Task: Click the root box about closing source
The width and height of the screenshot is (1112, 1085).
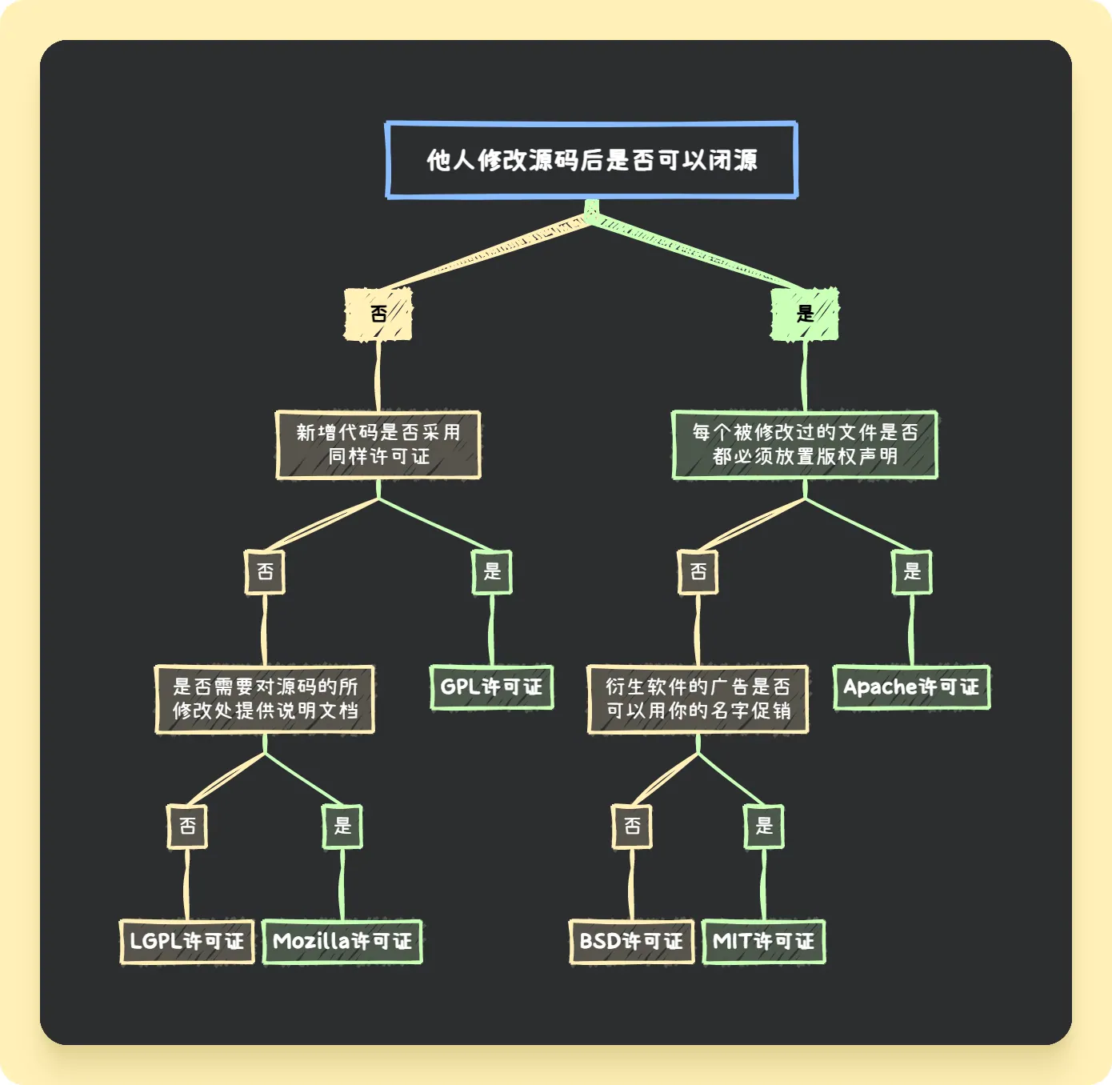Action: tap(591, 160)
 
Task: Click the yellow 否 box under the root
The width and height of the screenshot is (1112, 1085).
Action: tap(378, 314)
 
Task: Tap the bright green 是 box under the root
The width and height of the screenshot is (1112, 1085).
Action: tap(805, 314)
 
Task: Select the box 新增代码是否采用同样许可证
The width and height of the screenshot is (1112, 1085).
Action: tap(378, 445)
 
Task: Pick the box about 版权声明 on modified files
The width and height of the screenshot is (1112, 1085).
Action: tap(805, 445)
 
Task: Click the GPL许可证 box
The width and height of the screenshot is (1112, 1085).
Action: tap(491, 687)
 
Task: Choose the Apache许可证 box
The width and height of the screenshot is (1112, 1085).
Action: tap(911, 687)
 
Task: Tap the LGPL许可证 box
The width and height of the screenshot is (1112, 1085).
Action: tap(187, 942)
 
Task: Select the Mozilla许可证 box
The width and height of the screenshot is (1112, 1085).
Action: tap(342, 942)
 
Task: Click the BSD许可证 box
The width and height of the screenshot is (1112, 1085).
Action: tap(631, 942)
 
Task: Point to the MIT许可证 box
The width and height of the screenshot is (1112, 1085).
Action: tap(763, 942)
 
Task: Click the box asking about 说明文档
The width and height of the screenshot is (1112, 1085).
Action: tap(265, 699)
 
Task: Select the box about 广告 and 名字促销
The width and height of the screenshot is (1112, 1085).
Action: tap(698, 699)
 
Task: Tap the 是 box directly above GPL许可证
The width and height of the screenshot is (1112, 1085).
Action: tap(492, 572)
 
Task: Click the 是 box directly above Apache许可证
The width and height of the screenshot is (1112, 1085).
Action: tap(912, 572)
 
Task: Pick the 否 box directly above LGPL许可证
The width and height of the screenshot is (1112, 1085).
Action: tap(187, 827)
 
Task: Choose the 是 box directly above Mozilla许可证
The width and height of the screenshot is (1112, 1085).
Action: tap(342, 827)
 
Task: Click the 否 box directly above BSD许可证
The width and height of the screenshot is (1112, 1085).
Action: tap(632, 827)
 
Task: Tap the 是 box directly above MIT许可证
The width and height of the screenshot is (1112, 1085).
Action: tap(764, 827)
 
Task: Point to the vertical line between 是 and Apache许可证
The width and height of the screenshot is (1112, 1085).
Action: tap(911, 630)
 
